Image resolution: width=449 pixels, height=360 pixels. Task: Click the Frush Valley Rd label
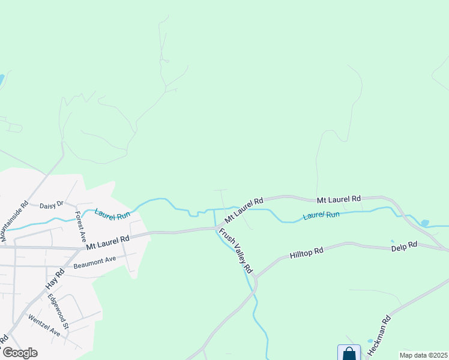236,251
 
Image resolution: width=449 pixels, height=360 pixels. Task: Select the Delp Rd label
404,245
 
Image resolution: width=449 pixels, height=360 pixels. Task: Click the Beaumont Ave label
94,262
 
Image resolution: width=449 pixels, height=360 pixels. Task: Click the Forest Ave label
80,223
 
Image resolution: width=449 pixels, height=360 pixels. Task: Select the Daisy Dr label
51,205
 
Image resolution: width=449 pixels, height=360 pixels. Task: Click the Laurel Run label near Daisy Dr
112,214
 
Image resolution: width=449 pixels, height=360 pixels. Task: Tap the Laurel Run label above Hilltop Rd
321,215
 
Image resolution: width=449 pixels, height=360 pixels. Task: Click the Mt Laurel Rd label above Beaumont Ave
107,242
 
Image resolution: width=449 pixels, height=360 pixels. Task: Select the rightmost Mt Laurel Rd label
339,199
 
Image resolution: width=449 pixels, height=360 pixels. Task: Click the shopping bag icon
349,353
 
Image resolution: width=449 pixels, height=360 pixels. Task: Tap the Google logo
20,353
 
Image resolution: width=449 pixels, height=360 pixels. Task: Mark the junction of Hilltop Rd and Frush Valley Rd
255,278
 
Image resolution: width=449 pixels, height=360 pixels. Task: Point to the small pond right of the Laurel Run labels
425,223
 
